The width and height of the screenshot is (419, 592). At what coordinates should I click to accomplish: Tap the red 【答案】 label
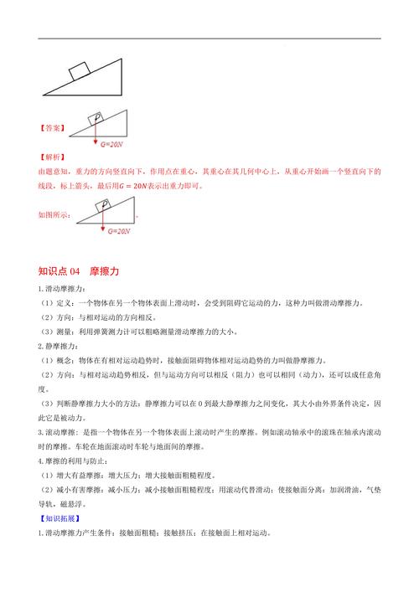[52, 128]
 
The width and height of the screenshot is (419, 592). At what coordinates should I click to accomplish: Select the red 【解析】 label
[52, 157]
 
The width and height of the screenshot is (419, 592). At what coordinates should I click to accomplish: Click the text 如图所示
[55, 215]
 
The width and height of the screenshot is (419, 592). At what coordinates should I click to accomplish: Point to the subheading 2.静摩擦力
[58, 345]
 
